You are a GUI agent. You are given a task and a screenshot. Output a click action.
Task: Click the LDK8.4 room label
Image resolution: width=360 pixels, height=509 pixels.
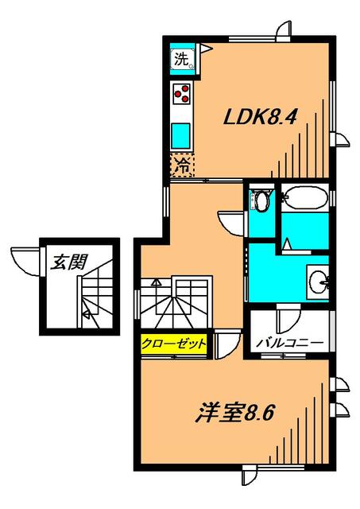(x=260, y=117)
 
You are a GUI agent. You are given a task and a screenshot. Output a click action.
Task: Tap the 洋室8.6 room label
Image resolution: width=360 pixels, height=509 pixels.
(x=234, y=412)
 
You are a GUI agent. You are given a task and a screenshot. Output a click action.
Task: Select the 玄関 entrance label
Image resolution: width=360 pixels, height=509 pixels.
(x=69, y=262)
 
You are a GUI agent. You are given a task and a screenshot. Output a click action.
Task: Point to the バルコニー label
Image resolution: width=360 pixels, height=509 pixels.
(x=289, y=343)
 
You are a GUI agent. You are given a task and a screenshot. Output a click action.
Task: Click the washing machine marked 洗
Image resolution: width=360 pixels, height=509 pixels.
(x=183, y=59)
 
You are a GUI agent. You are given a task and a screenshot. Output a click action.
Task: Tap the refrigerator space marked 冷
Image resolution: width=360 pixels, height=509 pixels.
(x=182, y=165)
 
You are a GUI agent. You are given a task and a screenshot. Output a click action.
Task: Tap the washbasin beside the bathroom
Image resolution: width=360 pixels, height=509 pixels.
(x=318, y=281)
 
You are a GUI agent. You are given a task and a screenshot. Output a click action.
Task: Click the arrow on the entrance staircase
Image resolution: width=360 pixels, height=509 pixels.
(x=87, y=313)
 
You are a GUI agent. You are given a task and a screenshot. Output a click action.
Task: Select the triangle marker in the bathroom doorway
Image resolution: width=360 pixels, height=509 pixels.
(x=287, y=244)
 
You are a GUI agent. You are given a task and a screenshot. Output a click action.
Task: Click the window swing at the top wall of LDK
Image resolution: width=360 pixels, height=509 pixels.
(x=285, y=30)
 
